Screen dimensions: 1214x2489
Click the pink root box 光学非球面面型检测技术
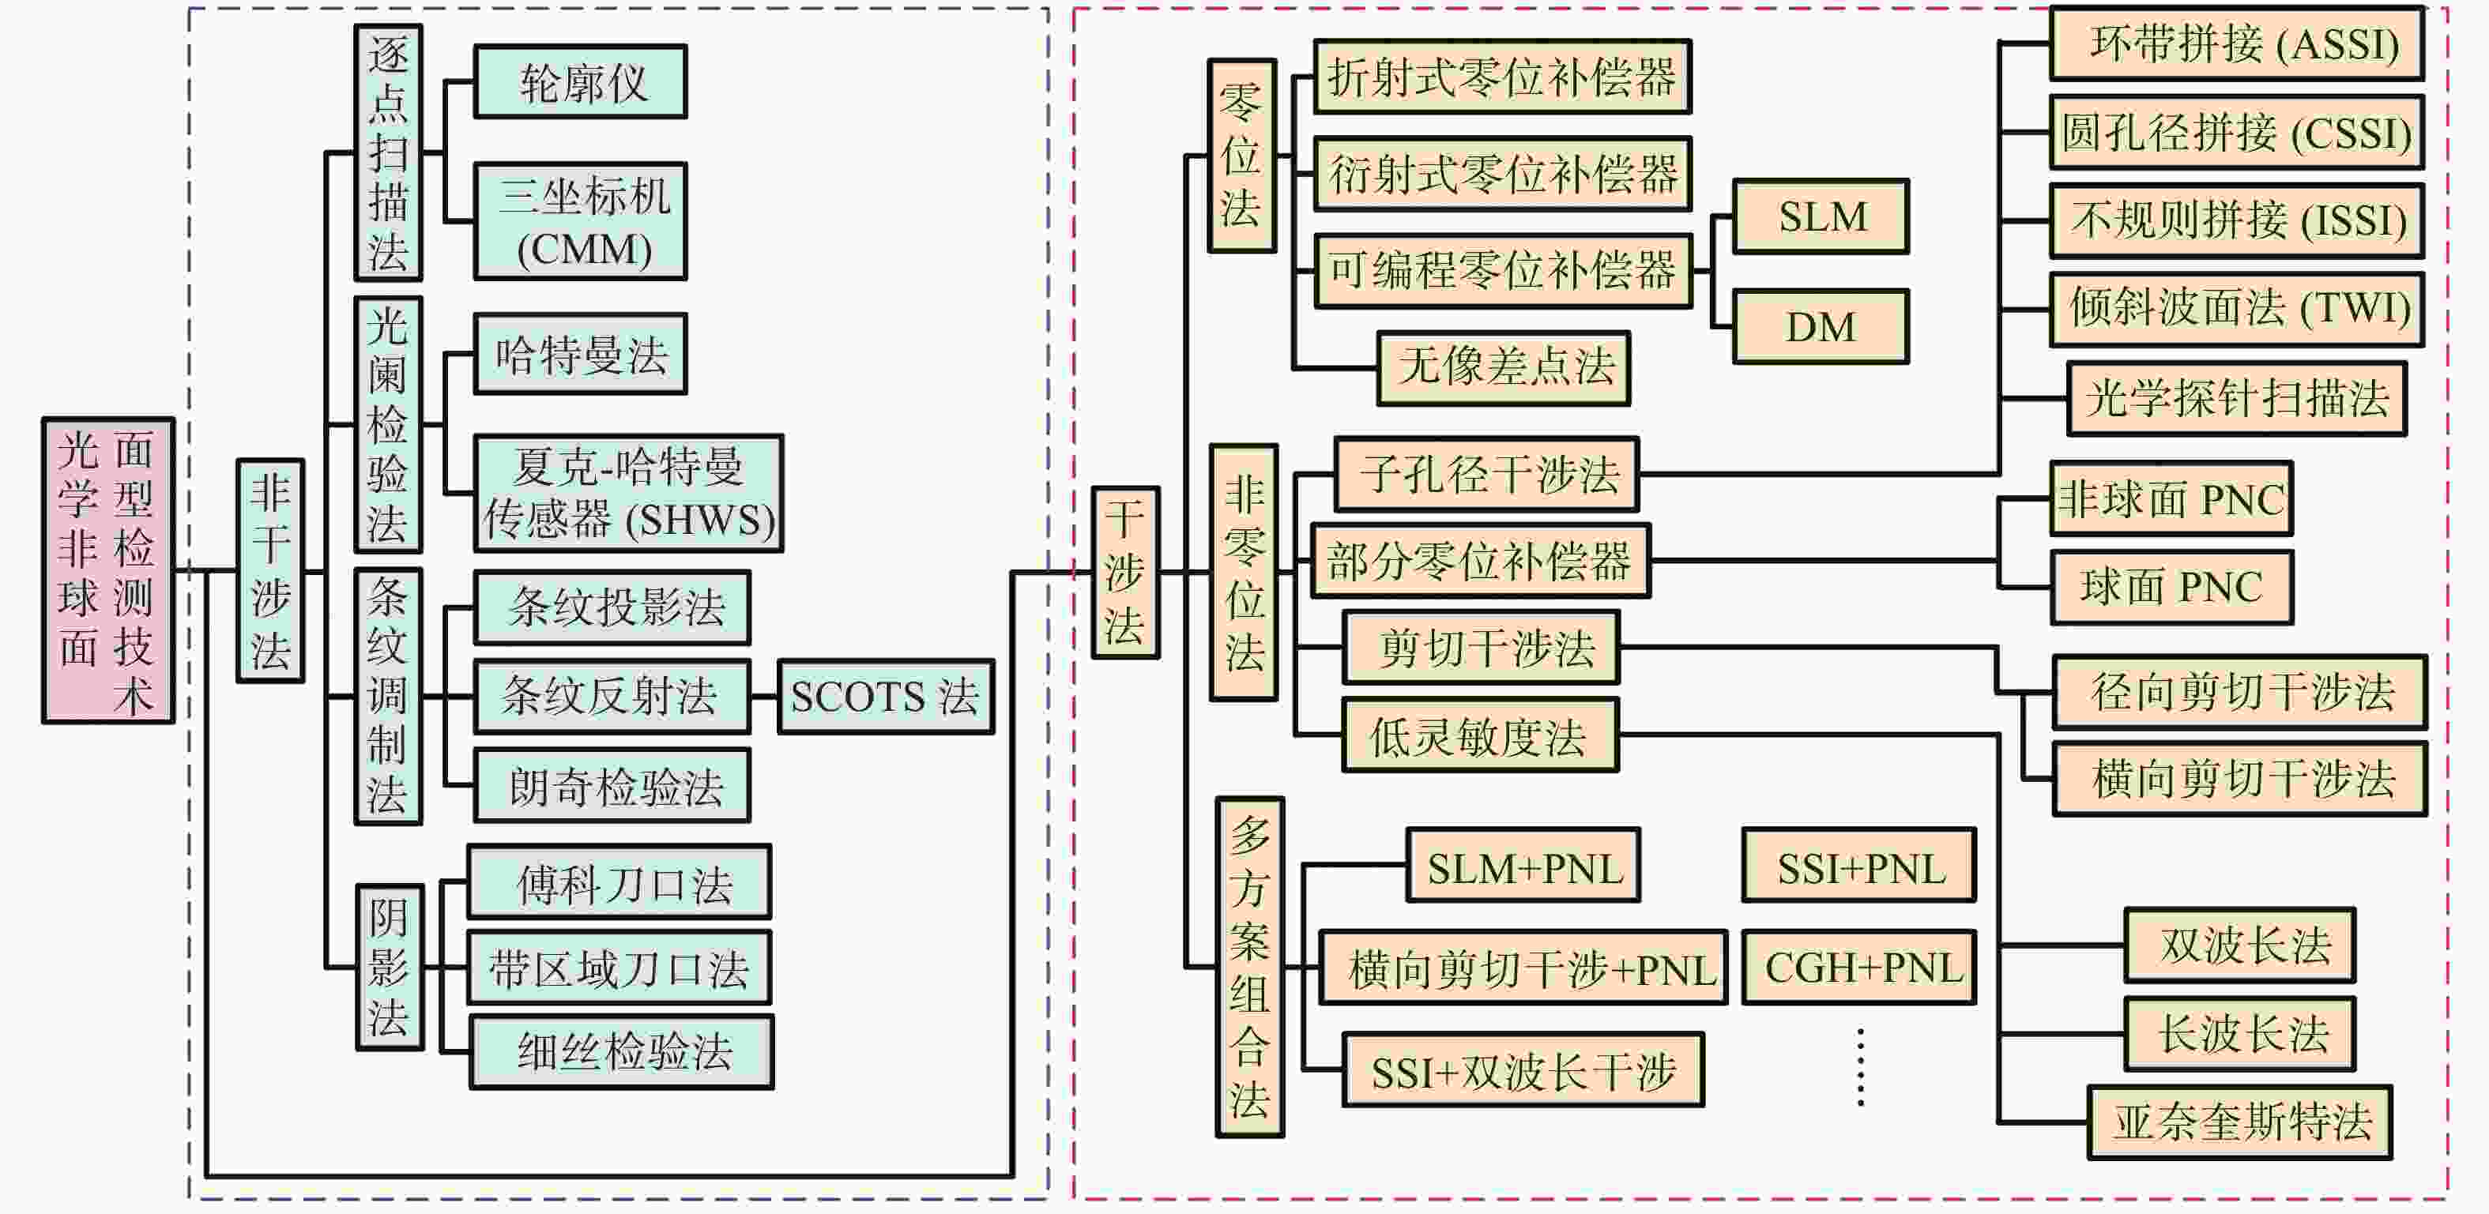pos(107,569)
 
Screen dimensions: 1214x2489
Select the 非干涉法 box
pos(270,569)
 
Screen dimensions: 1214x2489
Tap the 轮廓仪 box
pos(580,82)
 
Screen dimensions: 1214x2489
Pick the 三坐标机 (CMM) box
pos(580,221)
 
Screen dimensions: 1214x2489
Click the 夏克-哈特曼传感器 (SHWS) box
pos(628,494)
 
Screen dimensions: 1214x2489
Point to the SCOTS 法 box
pos(885,697)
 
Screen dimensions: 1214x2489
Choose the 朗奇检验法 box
pos(612,785)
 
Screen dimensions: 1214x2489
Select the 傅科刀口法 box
pos(619,881)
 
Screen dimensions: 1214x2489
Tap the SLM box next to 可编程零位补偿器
pos(1821,216)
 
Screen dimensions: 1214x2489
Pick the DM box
pos(1821,326)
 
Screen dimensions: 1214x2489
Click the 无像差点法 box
pos(1504,368)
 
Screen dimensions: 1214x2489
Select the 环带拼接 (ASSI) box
pos(2237,43)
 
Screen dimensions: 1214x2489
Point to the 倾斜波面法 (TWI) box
pos(2237,309)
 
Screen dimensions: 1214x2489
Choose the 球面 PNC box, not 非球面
pos(2171,587)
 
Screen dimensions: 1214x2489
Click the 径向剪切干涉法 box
pos(2240,691)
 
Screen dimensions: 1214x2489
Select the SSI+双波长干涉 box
pos(1523,1070)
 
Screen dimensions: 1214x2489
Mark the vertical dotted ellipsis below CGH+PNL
pos(1860,1067)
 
